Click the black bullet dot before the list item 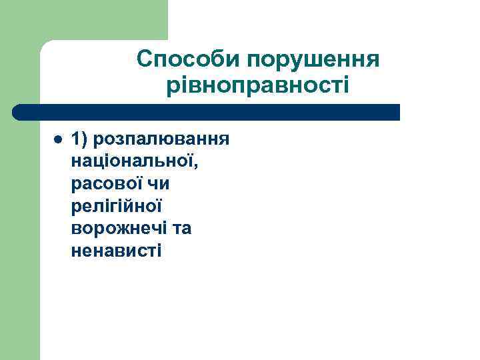[x=57, y=139]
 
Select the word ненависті [x=115, y=251]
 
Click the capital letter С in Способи [x=145, y=60]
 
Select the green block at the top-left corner [x=83, y=20]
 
